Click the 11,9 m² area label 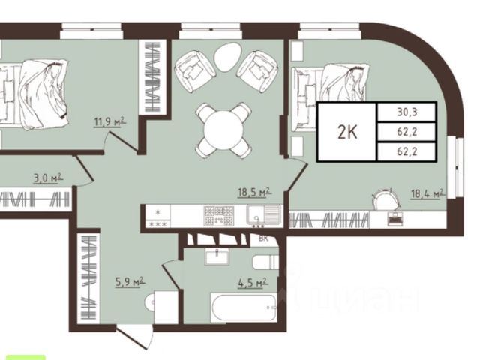(x=110, y=121)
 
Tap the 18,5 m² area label (x=255, y=192)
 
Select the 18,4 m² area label (x=428, y=193)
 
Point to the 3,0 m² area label (x=48, y=178)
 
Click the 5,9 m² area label (x=130, y=282)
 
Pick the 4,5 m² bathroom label (x=253, y=283)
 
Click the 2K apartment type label (x=347, y=132)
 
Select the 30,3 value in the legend (x=406, y=112)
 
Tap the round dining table (x=223, y=130)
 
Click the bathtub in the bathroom (x=244, y=307)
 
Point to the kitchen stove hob (x=219, y=216)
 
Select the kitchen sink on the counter (x=263, y=215)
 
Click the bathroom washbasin (x=217, y=256)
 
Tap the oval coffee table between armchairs (x=226, y=57)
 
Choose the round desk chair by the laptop (x=385, y=199)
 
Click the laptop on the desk (x=395, y=219)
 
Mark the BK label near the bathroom (x=263, y=238)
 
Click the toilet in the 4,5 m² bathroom (x=265, y=262)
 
